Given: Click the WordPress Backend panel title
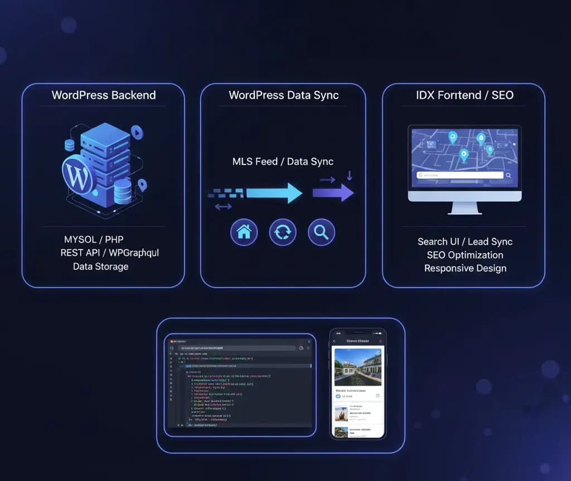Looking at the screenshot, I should pyautogui.click(x=104, y=95).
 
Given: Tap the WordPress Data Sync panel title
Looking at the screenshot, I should pyautogui.click(x=283, y=95).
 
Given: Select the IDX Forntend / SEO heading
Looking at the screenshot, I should pyautogui.click(x=464, y=95).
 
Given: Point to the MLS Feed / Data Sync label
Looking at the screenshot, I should pyautogui.click(x=283, y=162).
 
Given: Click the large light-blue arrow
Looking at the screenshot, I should pyautogui.click(x=274, y=193).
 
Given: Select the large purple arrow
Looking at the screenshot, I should pyautogui.click(x=333, y=192).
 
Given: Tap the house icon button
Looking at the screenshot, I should pyautogui.click(x=244, y=232).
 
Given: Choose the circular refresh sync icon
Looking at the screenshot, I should pyautogui.click(x=283, y=232).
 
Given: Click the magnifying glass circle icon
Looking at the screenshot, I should pyautogui.click(x=321, y=232).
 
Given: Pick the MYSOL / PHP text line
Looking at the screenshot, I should pyautogui.click(x=94, y=240).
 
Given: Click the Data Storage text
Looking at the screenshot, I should pyautogui.click(x=100, y=266).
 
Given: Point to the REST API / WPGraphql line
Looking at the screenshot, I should pyautogui.click(x=110, y=253).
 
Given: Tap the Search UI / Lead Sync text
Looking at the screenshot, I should pyautogui.click(x=465, y=242).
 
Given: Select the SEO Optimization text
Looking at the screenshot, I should pyautogui.click(x=465, y=255).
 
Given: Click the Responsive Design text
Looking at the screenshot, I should pyautogui.click(x=465, y=269).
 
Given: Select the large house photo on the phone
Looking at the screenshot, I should pyautogui.click(x=357, y=367).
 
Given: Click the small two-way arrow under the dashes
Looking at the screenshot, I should pyautogui.click(x=223, y=207).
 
